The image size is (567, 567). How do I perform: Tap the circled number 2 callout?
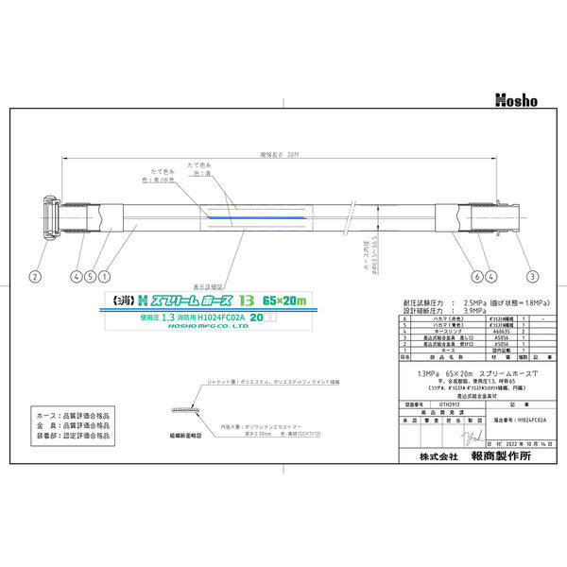(x=34, y=277)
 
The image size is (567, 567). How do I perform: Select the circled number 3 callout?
(x=533, y=277)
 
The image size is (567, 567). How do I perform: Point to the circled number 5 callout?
(x=88, y=277)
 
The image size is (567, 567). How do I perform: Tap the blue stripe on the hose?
(x=236, y=218)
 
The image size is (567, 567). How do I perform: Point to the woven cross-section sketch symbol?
(x=179, y=408)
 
